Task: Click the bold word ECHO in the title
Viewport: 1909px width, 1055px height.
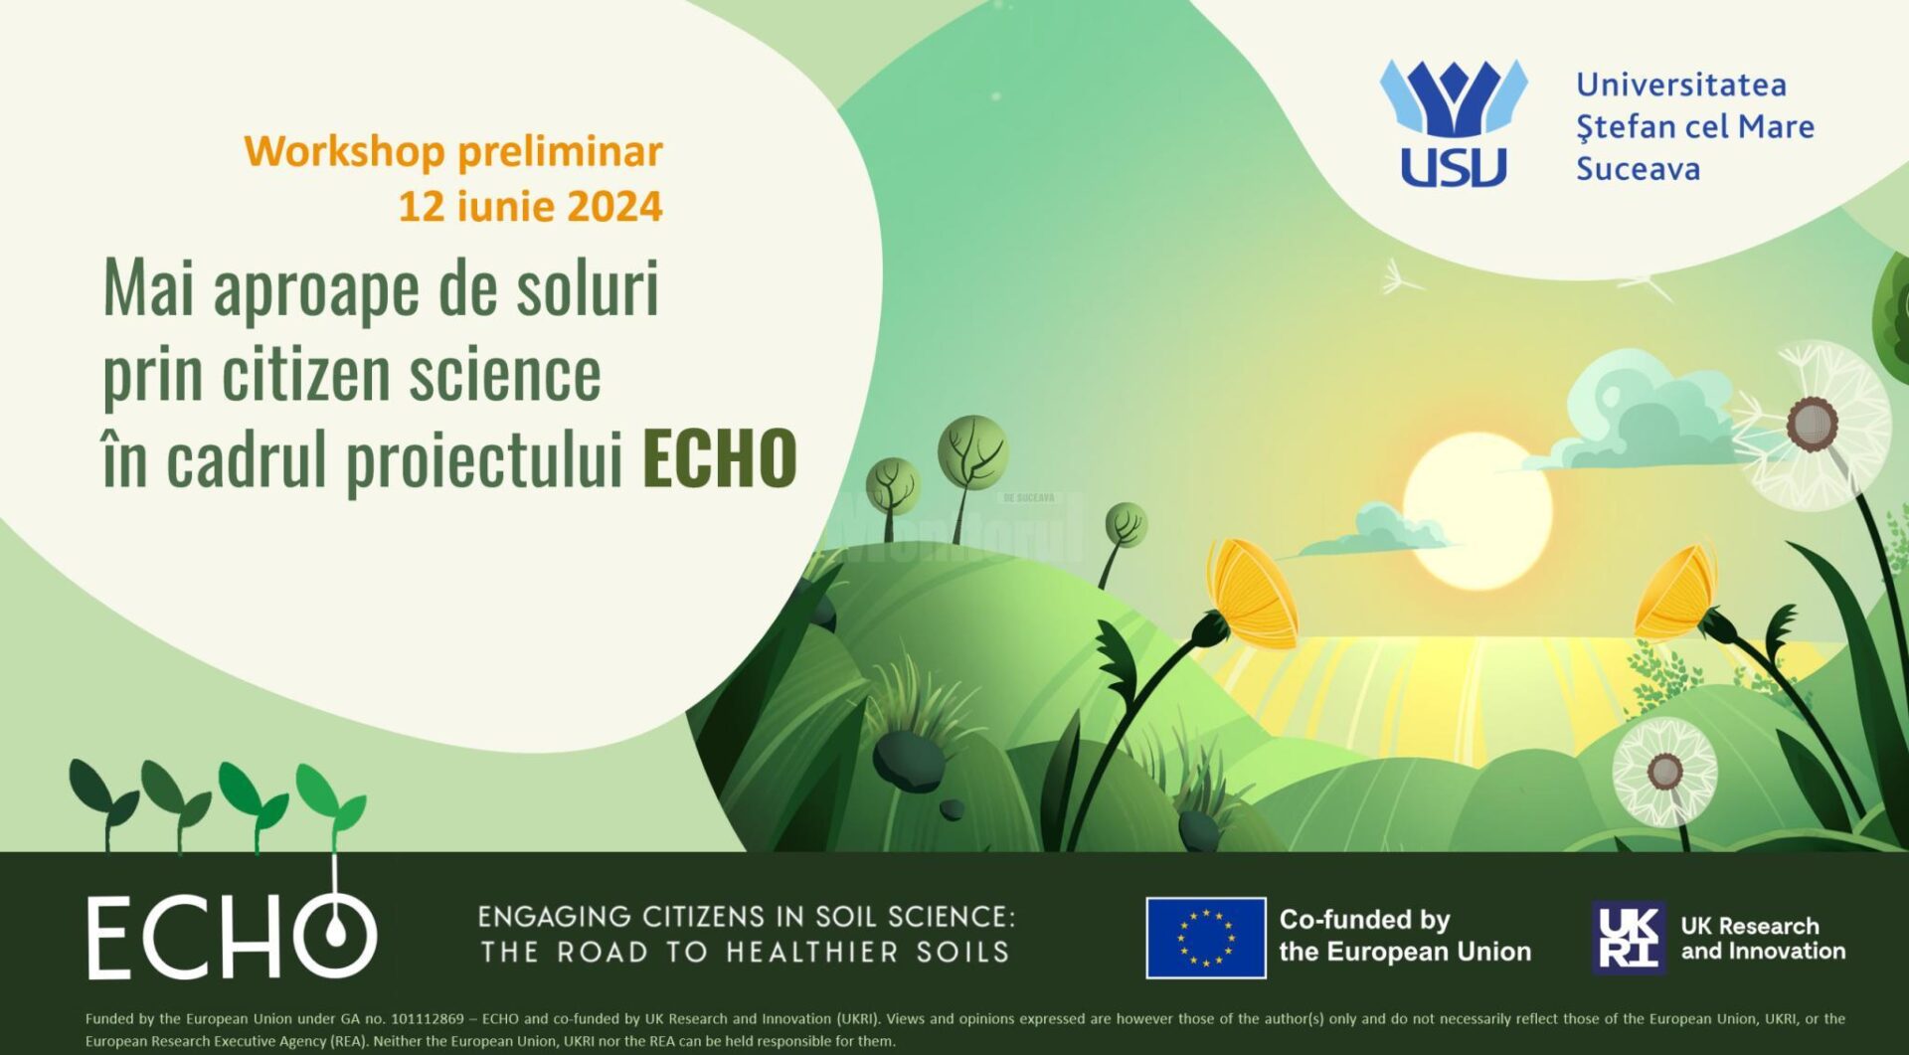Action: tap(719, 458)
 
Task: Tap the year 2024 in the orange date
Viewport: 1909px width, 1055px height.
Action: tap(614, 207)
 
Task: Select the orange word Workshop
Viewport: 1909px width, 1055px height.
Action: tap(344, 152)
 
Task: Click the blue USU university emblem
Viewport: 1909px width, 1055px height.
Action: tap(1454, 122)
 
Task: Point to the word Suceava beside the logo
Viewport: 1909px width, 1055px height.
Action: tap(1638, 169)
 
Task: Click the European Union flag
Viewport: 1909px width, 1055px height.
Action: tap(1206, 938)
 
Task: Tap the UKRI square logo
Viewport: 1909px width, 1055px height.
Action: tap(1628, 937)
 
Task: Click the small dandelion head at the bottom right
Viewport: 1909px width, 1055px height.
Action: tap(1664, 772)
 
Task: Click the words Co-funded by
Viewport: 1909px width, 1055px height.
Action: tap(1364, 920)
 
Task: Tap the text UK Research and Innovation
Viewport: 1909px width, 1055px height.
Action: tap(1763, 938)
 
